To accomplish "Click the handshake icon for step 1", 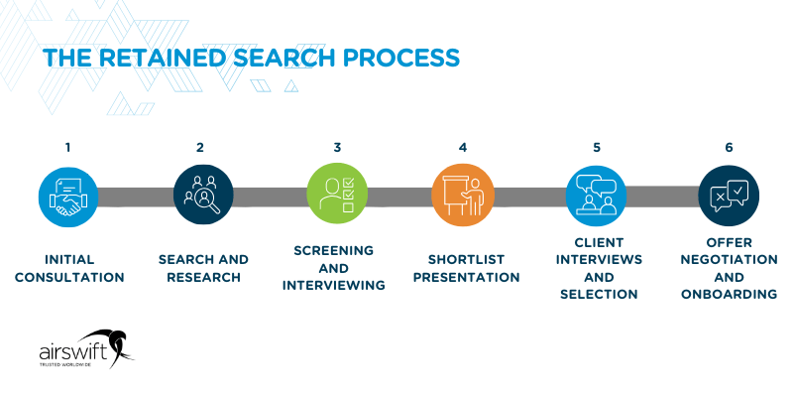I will [x=68, y=196].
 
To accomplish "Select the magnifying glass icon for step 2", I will [x=202, y=196].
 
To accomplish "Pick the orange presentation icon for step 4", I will [x=463, y=196].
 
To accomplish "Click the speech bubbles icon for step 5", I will [x=597, y=196].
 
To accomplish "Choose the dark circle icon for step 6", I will [x=729, y=196].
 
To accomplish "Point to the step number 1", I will [x=67, y=148].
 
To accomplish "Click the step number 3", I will [x=337, y=148].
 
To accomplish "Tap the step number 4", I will [x=463, y=148].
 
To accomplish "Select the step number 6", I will [x=729, y=148].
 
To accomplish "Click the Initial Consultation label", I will [x=69, y=268].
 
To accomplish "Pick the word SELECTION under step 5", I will [x=596, y=295].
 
